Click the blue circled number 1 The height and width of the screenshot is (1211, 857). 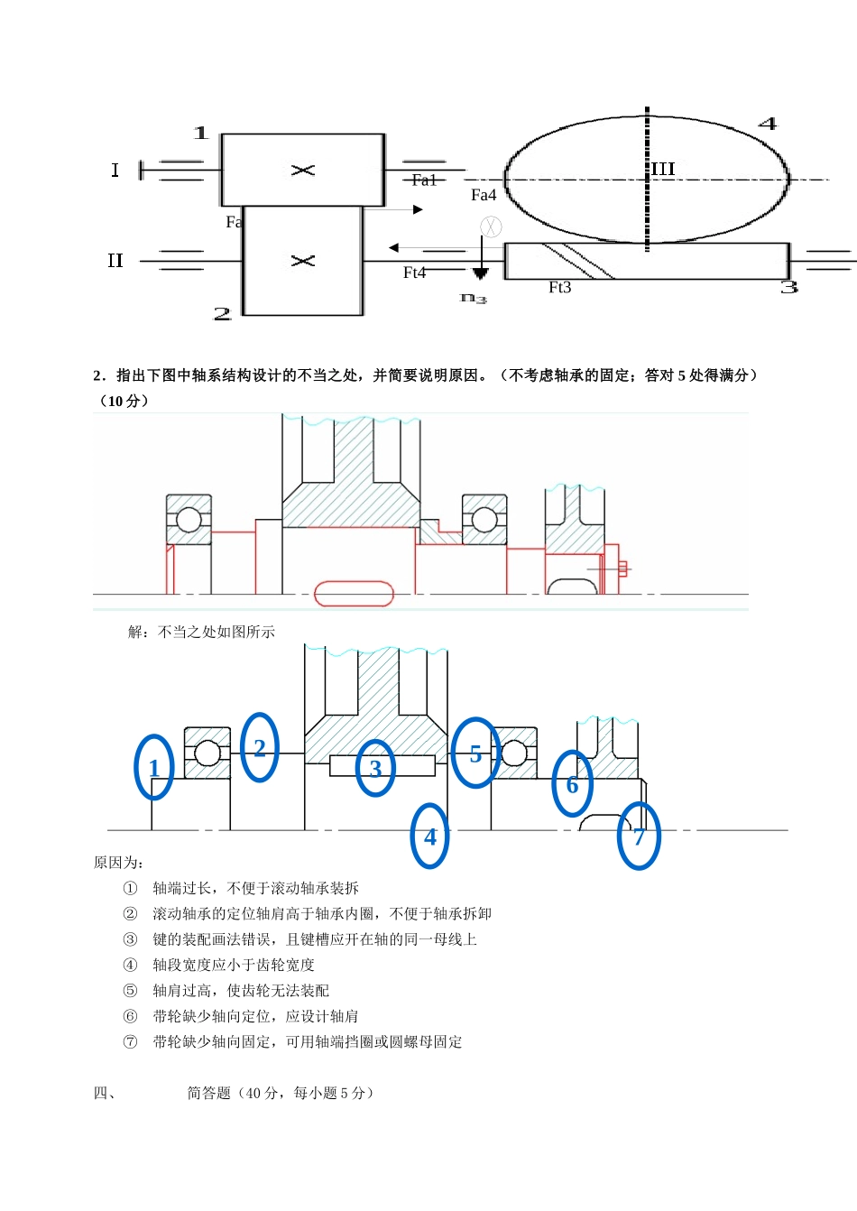point(154,767)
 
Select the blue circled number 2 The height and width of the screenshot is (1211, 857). point(260,747)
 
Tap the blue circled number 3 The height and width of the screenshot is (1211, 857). point(375,768)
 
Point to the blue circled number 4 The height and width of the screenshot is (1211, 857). point(429,837)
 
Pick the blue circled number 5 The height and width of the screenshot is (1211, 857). point(475,753)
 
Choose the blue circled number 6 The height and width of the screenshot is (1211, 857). point(572,784)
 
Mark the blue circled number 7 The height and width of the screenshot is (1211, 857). point(639,837)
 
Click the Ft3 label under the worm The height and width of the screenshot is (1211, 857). point(560,287)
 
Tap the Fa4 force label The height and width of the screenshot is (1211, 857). point(484,195)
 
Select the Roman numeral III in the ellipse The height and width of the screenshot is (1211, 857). point(663,169)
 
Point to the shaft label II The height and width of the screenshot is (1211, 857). point(115,261)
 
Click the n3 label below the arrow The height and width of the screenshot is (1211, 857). point(474,298)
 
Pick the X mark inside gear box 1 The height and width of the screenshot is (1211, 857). point(303,170)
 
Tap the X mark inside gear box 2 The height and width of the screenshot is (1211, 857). point(303,261)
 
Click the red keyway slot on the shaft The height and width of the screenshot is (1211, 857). point(354,593)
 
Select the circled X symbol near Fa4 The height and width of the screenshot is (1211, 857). point(491,226)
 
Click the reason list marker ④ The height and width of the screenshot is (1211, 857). point(130,965)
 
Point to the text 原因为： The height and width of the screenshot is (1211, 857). point(118,863)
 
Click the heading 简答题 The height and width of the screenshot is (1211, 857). point(208,1093)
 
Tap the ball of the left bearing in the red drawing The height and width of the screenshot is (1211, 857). point(189,520)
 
